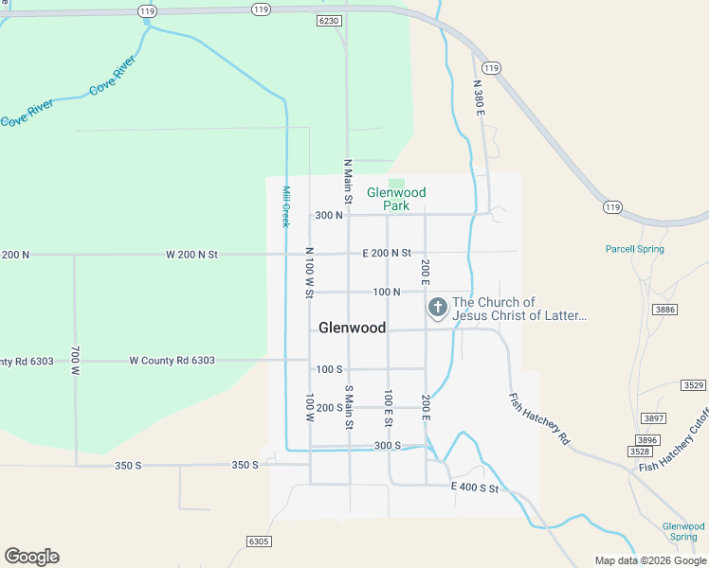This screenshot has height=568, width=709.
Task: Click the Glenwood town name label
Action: [x=352, y=328]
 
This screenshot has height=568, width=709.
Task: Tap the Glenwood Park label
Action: [x=396, y=199]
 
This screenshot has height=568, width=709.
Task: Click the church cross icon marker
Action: [x=438, y=308]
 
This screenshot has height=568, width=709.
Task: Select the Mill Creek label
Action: [x=285, y=205]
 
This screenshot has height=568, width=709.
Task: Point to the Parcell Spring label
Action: [x=635, y=249]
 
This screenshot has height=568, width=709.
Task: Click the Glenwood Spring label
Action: [x=683, y=531]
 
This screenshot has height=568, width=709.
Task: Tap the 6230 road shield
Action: [x=329, y=20]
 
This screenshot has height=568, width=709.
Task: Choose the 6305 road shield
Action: [x=258, y=541]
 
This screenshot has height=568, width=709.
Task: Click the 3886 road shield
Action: [x=665, y=310]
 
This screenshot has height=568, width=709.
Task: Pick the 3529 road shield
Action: [x=693, y=385]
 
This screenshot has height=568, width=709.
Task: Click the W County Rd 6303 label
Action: [x=172, y=361]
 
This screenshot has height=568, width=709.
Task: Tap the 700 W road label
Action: [x=75, y=361]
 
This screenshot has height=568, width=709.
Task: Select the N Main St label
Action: [x=348, y=182]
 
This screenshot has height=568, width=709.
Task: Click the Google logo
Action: [x=31, y=557]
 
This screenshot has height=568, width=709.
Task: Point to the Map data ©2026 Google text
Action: [x=650, y=560]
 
